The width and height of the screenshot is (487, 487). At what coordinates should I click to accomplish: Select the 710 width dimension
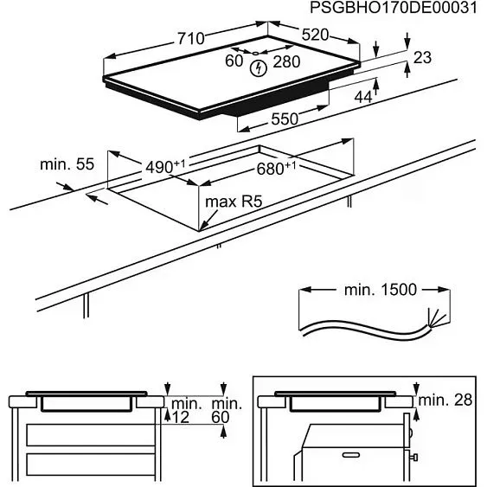[190, 39]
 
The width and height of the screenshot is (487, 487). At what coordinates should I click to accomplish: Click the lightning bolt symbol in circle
[256, 69]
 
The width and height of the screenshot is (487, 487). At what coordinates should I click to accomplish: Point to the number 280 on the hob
[286, 61]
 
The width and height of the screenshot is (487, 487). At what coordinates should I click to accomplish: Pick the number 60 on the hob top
[234, 61]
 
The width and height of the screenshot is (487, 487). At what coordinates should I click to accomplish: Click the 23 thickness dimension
[422, 58]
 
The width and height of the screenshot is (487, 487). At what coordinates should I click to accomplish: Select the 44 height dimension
[363, 98]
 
